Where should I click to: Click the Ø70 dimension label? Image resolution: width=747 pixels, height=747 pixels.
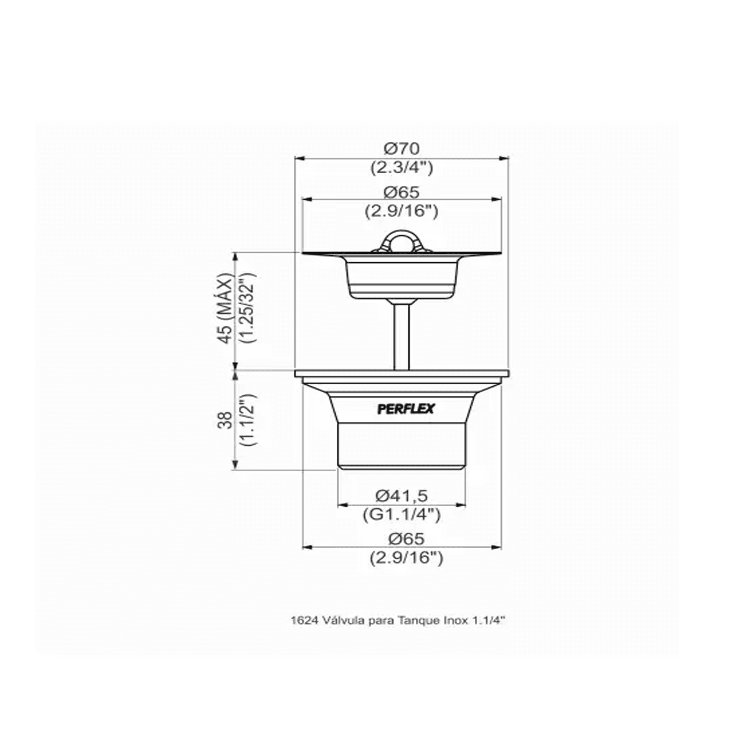coord(402,148)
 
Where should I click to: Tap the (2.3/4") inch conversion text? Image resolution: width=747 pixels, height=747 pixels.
coord(402,168)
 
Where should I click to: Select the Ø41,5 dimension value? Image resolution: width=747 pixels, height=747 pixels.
coord(402,495)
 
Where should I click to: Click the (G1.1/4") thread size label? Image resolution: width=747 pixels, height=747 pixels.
coord(402,515)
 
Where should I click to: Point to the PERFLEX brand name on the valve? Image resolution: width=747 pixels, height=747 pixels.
coord(406,409)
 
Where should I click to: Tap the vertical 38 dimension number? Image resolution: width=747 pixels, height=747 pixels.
coord(225,420)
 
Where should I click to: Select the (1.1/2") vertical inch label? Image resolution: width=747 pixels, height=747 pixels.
coord(248,420)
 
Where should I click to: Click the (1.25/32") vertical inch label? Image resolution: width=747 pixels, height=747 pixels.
coord(248,308)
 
